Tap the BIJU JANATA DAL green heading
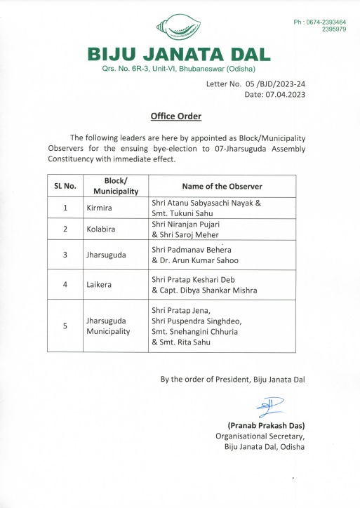178,54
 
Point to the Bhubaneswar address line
178,69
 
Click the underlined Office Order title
176,116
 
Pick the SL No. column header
65,186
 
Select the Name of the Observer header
222,186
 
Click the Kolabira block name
101,229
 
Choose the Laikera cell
99,285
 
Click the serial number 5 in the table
65,326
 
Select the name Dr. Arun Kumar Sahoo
196,260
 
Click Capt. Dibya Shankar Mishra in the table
204,290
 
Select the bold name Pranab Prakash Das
266,425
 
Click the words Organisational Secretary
260,436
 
